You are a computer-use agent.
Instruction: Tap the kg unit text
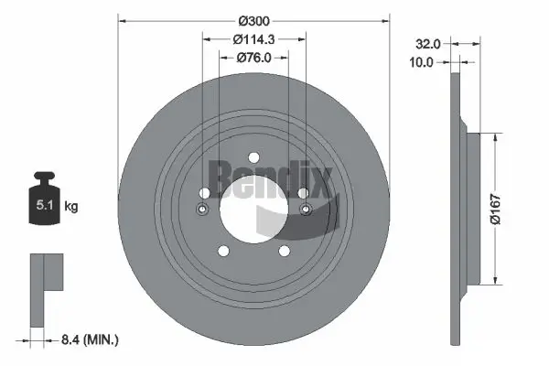[x=71, y=207]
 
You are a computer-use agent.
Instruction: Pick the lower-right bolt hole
[x=284, y=249]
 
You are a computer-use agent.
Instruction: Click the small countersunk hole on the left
[x=203, y=210]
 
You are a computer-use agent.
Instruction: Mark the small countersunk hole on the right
[x=306, y=210]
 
